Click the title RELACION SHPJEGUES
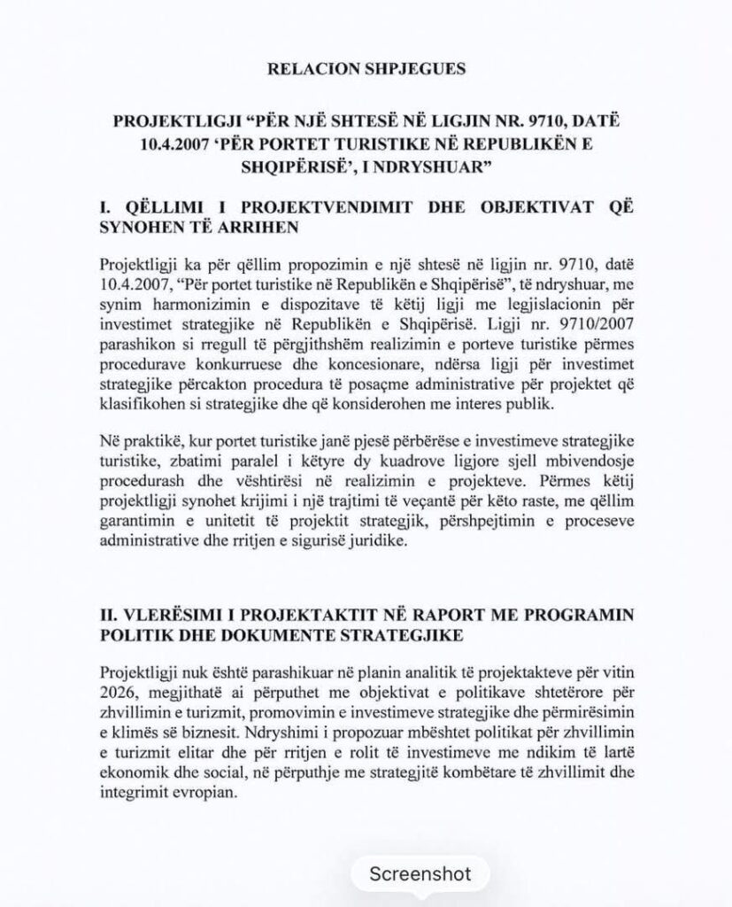point(366,67)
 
